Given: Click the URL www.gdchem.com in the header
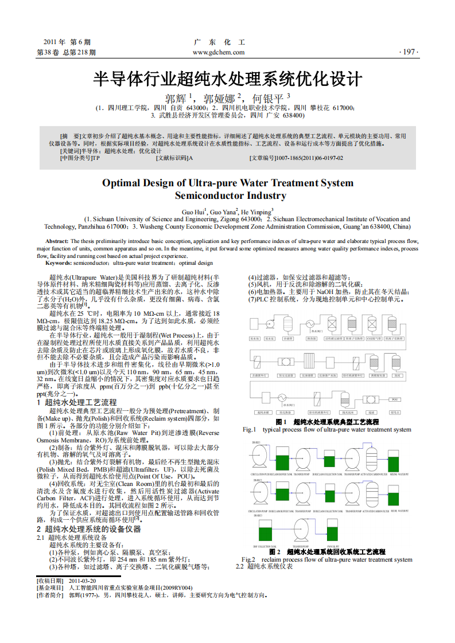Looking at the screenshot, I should coord(219,52).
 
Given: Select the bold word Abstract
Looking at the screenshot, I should coord(57,241).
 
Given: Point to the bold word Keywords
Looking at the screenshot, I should coord(59,263).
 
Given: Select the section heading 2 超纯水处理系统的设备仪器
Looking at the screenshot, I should coord(89,529).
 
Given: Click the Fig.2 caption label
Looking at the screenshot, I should coord(248,559).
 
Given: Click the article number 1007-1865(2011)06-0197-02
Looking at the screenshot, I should coord(310,158).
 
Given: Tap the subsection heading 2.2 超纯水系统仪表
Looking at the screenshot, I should coord(265,567).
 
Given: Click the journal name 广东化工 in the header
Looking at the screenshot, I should coord(219,43).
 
